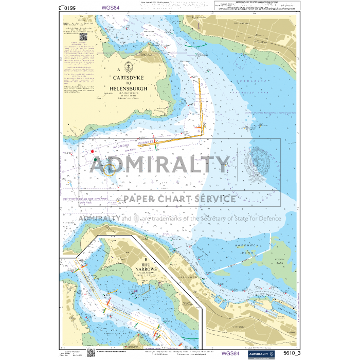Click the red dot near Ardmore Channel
click(x=92, y=151)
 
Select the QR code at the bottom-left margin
click(x=91, y=352)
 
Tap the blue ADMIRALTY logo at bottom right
click(x=258, y=353)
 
